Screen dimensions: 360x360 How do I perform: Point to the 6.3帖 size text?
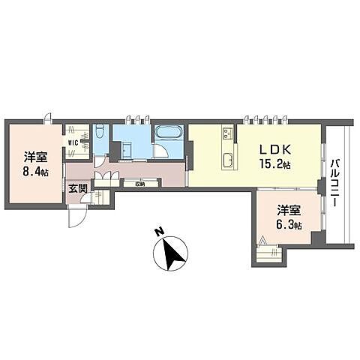click(x=288, y=224)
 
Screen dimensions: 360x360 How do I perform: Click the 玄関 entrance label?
click(x=76, y=189)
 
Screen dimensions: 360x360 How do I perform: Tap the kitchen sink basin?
click(x=226, y=159)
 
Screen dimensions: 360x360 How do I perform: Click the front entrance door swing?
click(x=76, y=217)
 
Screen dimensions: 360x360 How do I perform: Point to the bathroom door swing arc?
click(x=160, y=151)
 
